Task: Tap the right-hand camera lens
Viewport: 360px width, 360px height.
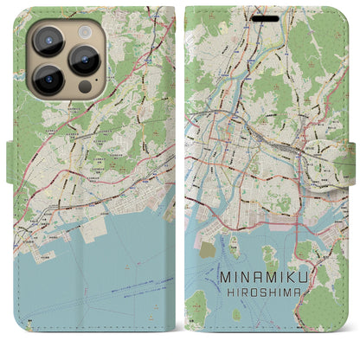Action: [85, 60]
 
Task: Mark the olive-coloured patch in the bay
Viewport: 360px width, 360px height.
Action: [208, 249]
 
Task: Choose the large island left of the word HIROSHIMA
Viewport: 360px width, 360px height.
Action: [197, 303]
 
